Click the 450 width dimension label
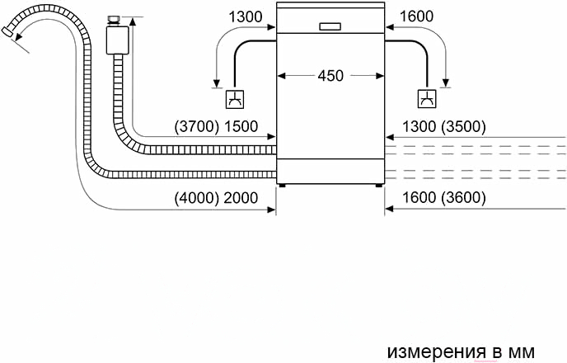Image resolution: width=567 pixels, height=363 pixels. (x=330, y=76)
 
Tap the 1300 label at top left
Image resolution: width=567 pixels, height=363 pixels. (x=246, y=16)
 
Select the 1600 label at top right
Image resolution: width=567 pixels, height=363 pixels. (x=416, y=16)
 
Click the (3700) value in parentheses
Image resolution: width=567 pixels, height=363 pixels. (x=197, y=127)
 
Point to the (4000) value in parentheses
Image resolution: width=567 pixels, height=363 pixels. (x=197, y=198)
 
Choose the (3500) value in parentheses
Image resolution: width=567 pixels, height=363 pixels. (x=463, y=127)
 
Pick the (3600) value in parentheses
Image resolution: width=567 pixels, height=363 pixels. (x=463, y=198)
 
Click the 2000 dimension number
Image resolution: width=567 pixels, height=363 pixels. (x=241, y=198)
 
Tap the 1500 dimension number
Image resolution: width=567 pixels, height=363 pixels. (x=241, y=127)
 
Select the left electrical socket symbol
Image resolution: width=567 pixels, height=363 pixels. (x=235, y=99)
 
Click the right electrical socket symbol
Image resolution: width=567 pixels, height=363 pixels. (x=427, y=99)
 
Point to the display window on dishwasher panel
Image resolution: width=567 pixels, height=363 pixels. (x=330, y=26)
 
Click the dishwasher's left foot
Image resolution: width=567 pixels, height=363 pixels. (x=282, y=186)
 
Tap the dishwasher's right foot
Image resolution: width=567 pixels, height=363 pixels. (x=378, y=186)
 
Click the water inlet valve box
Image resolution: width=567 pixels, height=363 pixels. (x=118, y=40)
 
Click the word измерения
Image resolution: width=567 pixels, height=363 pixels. (x=436, y=351)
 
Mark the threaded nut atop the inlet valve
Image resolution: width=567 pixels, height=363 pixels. (x=115, y=21)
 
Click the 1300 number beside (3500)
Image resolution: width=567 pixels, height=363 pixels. (x=419, y=127)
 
